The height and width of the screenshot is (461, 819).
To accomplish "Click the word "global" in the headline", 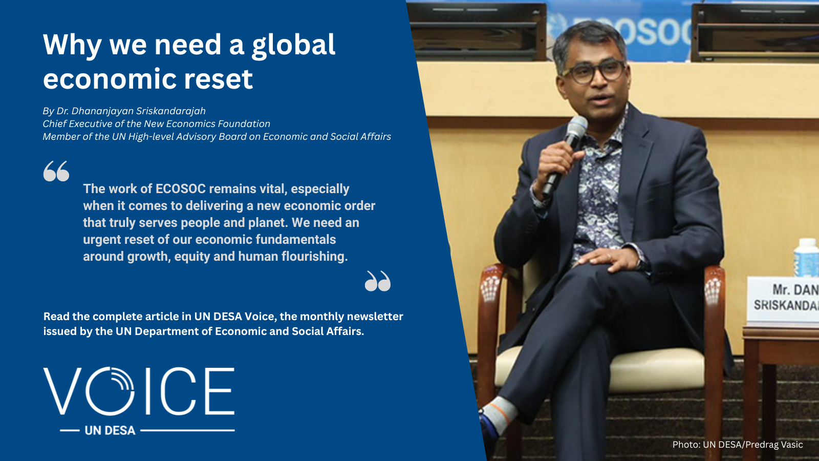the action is (293, 46).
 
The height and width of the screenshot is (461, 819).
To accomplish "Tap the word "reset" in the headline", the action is (218, 79).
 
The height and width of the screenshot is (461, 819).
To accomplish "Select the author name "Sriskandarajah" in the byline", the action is (171, 111).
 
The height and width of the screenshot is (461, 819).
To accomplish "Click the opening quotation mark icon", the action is (56, 171).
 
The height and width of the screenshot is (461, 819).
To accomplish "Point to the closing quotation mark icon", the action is (378, 281).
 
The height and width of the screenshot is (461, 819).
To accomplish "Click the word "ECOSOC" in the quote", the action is (181, 189).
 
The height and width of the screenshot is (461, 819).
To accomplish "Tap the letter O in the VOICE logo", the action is (110, 391).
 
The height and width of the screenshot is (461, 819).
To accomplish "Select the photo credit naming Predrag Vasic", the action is (738, 445).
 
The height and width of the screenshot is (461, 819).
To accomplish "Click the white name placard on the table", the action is (782, 300).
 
